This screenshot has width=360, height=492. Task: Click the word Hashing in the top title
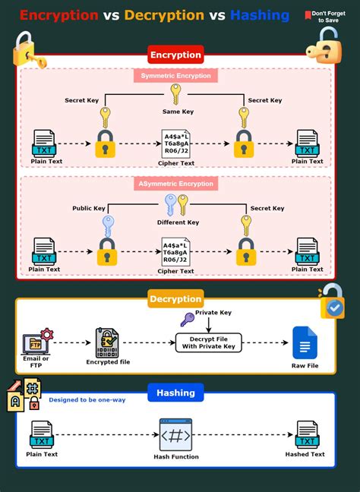click(x=259, y=15)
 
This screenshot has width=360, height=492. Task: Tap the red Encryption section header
click(x=175, y=55)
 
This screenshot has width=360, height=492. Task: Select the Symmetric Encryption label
click(x=175, y=76)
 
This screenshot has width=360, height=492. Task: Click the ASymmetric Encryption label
click(x=175, y=184)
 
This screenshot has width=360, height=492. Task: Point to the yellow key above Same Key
click(x=175, y=93)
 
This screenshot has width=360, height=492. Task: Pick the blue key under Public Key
click(x=106, y=226)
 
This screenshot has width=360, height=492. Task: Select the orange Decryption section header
click(x=175, y=298)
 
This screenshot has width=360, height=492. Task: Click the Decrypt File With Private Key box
click(x=209, y=342)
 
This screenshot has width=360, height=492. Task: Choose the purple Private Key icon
click(x=187, y=320)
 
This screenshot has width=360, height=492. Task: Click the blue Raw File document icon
click(x=305, y=343)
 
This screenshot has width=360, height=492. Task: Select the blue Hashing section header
click(x=175, y=393)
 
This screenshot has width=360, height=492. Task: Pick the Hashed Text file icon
click(x=306, y=435)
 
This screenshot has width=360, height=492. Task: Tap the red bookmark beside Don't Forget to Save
click(x=308, y=14)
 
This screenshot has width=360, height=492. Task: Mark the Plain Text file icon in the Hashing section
click(x=41, y=435)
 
